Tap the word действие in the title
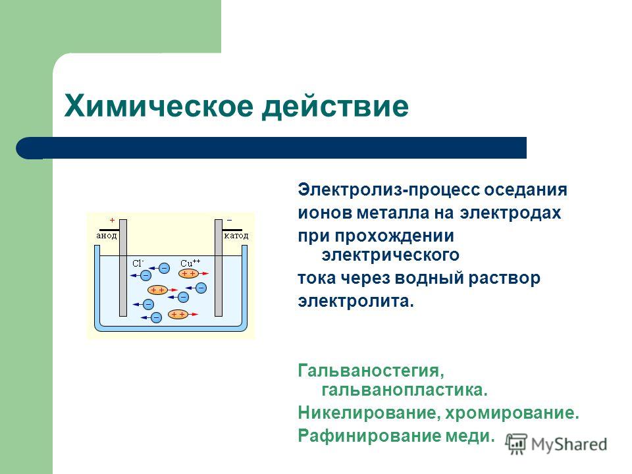click(335, 107)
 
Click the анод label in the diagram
click(107, 236)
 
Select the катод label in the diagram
click(236, 236)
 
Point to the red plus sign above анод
click(112, 221)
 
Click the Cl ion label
click(138, 263)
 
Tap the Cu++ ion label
click(190, 263)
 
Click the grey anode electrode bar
click(123, 268)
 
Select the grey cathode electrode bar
click(219, 268)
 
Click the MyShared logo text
click(569, 444)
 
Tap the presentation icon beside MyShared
click(517, 444)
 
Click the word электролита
click(356, 301)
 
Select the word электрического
click(390, 255)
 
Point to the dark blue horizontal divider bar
click(271, 147)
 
